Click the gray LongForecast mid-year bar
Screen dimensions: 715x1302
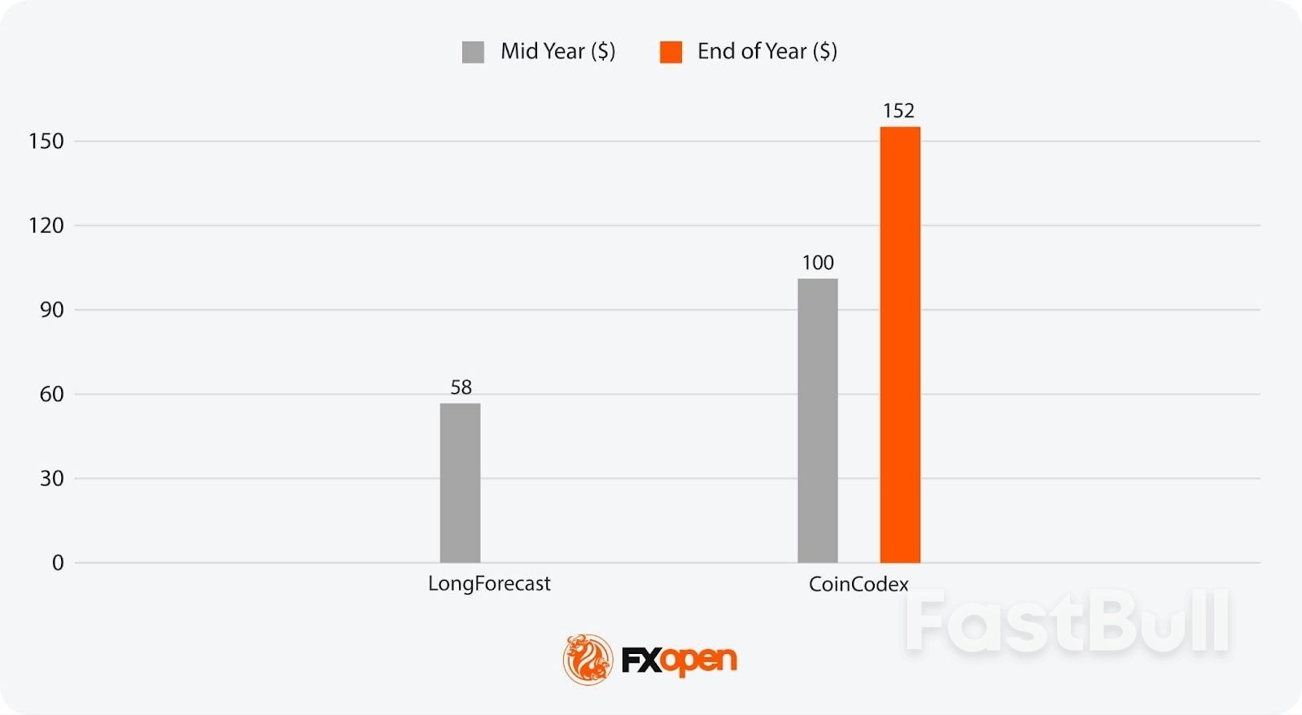[460, 482]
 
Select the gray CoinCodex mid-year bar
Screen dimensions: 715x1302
[817, 421]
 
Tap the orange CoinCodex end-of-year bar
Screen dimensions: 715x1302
[900, 344]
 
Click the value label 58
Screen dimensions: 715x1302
[461, 387]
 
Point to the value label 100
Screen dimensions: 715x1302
[818, 263]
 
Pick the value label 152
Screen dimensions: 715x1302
[899, 111]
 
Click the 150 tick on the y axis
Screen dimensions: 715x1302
[46, 142]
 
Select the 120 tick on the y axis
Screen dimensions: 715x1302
[46, 225]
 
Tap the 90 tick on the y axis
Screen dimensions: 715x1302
[51, 310]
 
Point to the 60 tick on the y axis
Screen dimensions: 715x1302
[51, 395]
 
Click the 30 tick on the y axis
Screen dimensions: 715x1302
[51, 478]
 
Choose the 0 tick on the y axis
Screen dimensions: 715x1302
[58, 563]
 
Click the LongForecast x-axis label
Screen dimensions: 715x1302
[489, 584]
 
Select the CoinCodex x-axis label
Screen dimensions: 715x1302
[859, 584]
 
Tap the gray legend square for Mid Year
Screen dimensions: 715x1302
[473, 52]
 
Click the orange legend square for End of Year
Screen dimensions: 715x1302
[671, 52]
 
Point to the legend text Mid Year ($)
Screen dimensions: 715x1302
[557, 51]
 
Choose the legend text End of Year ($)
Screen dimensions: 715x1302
[767, 51]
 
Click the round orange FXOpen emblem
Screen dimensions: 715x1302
[588, 659]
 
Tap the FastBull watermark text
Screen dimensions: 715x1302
[1067, 623]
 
